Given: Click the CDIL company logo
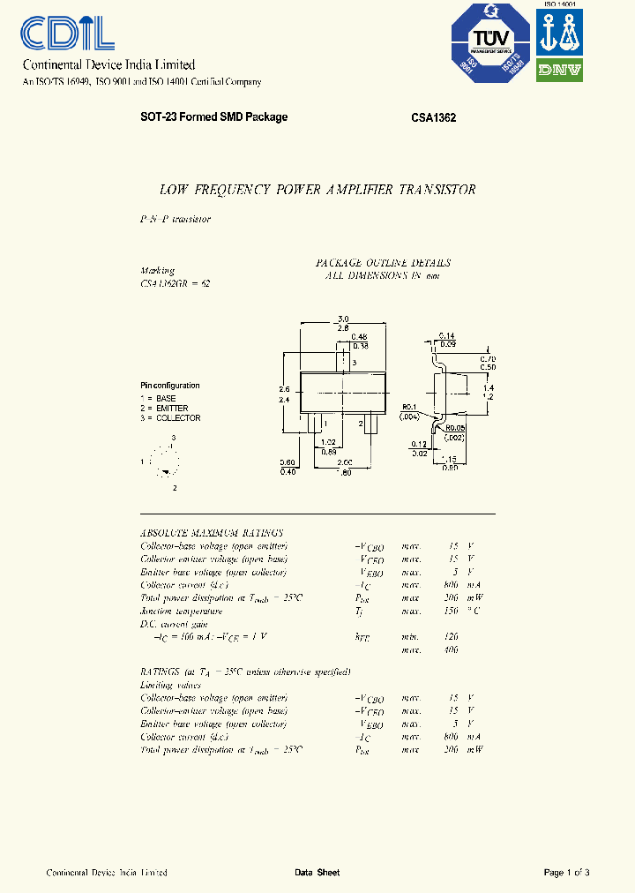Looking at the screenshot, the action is (x=67, y=34).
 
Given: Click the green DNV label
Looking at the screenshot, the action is (x=560, y=71).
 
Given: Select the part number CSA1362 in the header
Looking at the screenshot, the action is (x=433, y=117).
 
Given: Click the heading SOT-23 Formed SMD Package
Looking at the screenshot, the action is (x=213, y=117).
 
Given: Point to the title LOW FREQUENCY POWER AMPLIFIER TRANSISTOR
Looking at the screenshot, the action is (x=317, y=190).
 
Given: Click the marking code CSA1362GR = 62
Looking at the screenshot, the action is (x=175, y=283).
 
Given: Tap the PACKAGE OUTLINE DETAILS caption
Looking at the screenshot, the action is (x=383, y=263).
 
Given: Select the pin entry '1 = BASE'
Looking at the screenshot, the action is (x=159, y=399).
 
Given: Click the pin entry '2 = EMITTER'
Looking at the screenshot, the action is (x=164, y=409).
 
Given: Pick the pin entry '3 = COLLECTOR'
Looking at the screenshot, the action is (x=171, y=418).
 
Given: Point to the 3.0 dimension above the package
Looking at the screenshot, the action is (x=344, y=319).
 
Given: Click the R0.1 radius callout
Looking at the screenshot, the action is (x=408, y=408).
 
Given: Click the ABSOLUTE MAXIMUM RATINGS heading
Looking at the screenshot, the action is (x=212, y=533).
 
